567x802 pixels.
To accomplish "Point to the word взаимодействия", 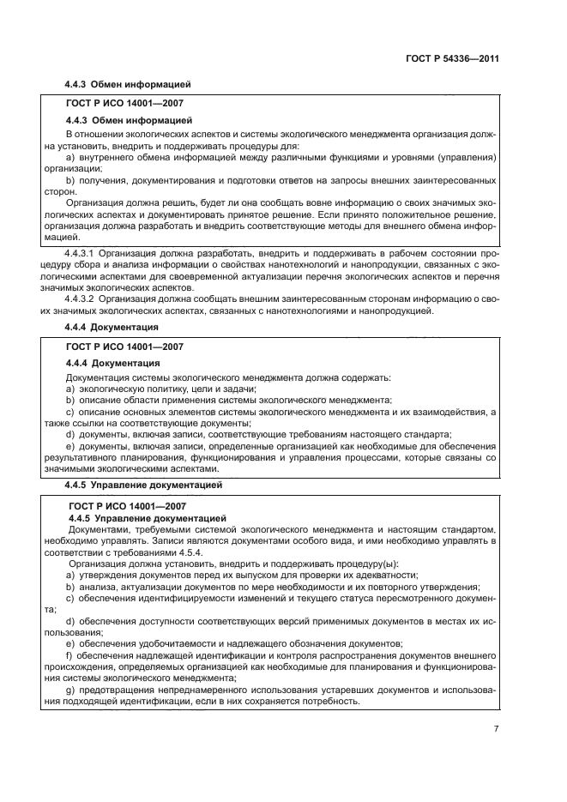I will (437, 412).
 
